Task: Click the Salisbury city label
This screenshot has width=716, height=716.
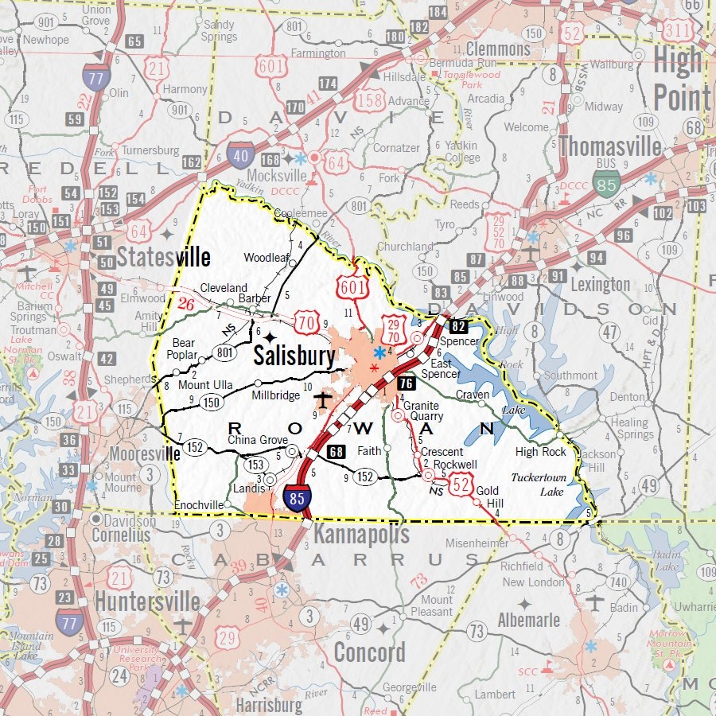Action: [294, 356]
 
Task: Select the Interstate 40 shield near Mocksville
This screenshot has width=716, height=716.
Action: [240, 154]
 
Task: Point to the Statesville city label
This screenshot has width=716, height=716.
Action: [164, 257]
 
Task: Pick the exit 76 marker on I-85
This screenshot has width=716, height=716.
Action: [406, 383]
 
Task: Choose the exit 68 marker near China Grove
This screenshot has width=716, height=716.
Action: [337, 452]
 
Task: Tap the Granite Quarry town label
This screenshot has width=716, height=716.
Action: [422, 411]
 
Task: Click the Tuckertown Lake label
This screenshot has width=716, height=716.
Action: [538, 485]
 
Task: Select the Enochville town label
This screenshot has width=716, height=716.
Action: [199, 504]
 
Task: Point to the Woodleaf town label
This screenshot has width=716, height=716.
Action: [266, 258]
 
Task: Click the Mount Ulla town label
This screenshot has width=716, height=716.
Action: [205, 385]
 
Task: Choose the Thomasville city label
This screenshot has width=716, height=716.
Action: [610, 146]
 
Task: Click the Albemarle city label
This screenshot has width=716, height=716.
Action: [528, 620]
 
